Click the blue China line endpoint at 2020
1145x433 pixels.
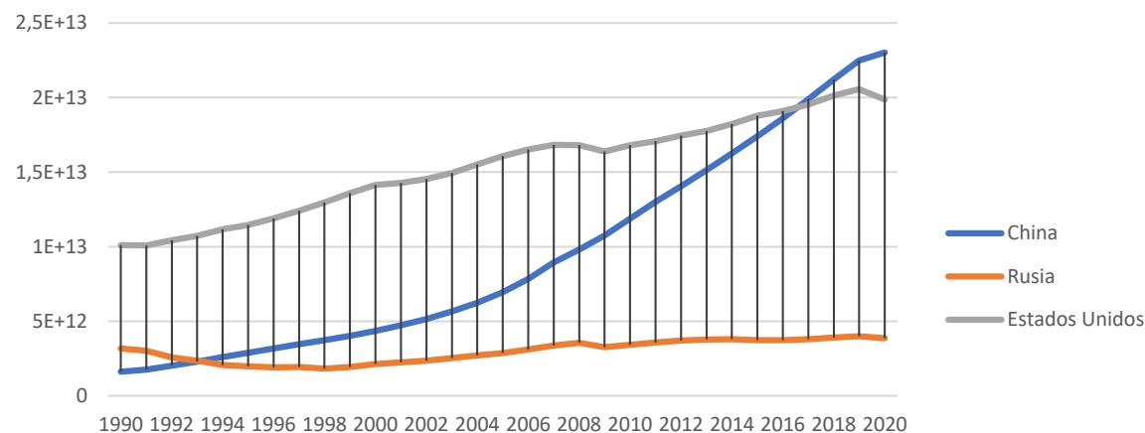[884, 53]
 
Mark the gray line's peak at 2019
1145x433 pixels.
[858, 88]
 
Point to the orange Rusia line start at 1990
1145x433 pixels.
[121, 348]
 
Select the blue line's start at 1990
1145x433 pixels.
[121, 371]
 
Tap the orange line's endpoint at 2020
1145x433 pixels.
[884, 338]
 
